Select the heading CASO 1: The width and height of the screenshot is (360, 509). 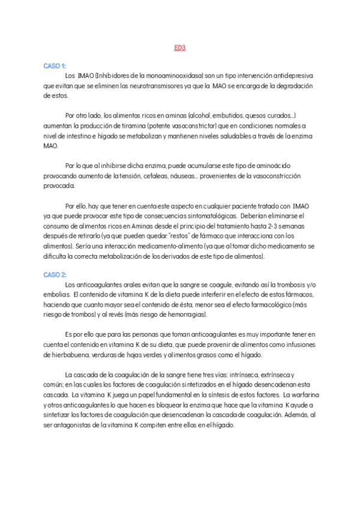[55, 66]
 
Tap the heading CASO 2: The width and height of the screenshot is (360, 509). [55, 274]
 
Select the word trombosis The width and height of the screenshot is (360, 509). [271, 285]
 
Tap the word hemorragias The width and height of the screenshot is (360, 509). [185, 315]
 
